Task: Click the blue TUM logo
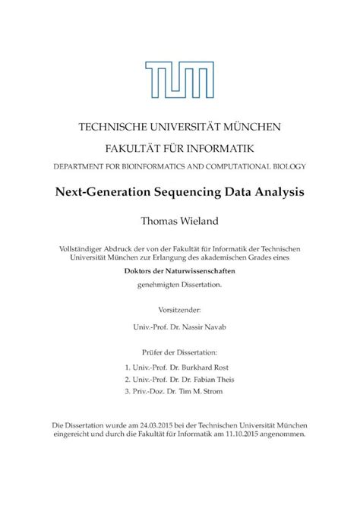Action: click(x=180, y=77)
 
